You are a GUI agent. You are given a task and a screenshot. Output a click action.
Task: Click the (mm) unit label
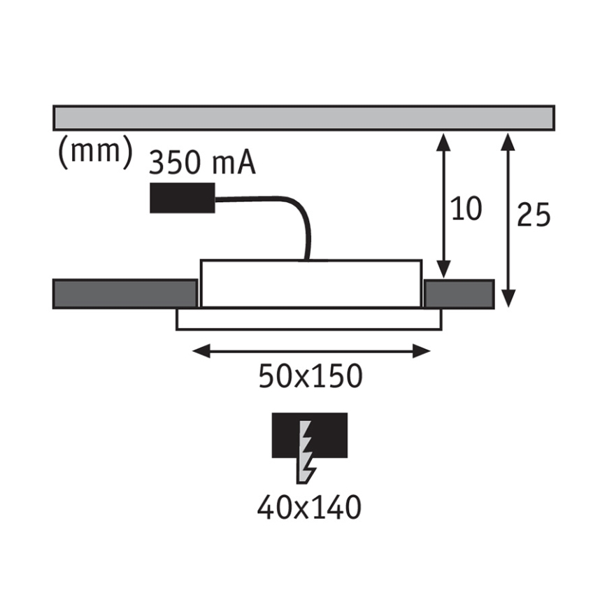(x=95, y=153)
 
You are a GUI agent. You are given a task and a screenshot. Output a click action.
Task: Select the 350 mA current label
(x=202, y=162)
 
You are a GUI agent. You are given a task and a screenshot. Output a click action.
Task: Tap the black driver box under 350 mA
(x=183, y=198)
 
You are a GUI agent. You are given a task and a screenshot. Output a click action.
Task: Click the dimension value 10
(x=466, y=208)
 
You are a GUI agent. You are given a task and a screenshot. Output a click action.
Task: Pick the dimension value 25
(x=534, y=214)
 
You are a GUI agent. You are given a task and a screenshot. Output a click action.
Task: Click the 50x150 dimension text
(x=310, y=376)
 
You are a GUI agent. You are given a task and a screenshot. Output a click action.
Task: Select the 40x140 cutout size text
(x=309, y=507)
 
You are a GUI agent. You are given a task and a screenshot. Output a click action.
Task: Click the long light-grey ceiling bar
(x=304, y=117)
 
